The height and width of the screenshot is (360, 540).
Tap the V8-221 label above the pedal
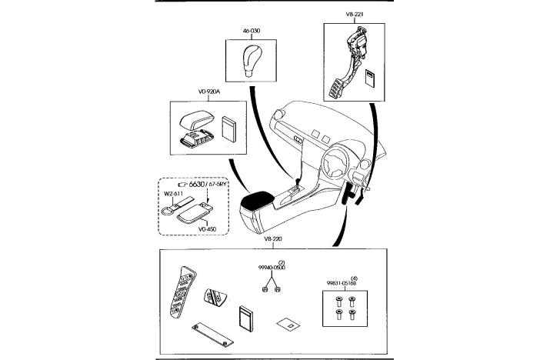point(355,14)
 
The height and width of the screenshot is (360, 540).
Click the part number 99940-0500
point(272,269)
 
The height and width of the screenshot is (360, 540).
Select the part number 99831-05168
point(339,284)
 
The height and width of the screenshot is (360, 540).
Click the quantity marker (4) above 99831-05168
point(353,277)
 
